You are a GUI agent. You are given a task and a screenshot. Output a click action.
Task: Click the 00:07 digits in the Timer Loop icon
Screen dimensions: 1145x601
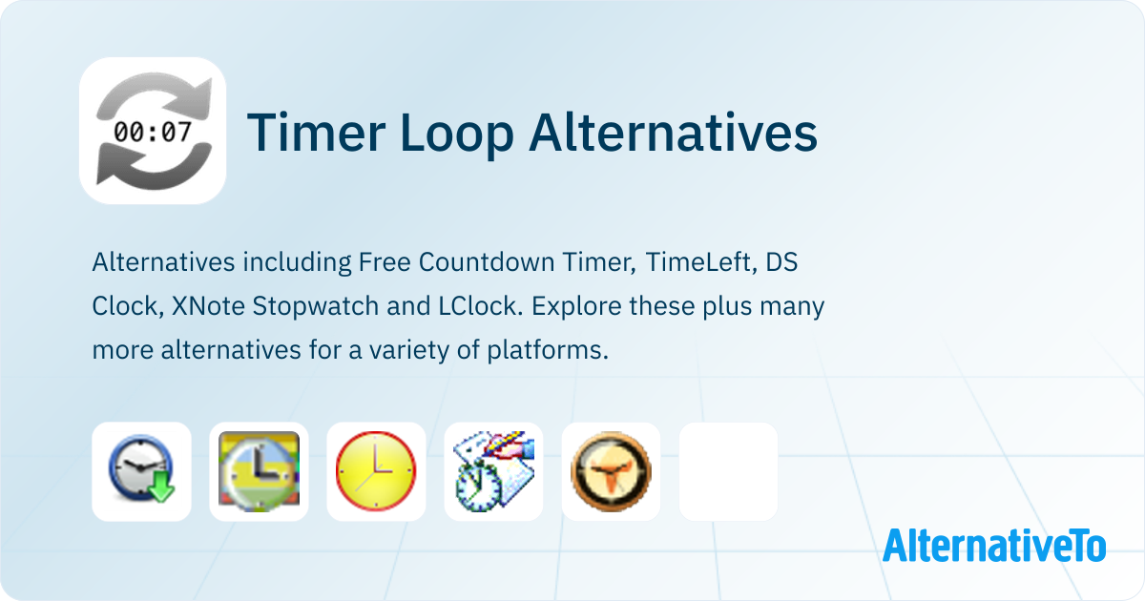click(x=153, y=132)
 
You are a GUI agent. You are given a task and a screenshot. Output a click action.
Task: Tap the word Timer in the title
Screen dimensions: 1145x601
click(x=316, y=133)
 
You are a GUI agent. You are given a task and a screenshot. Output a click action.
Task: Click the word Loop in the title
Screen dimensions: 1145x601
click(x=456, y=134)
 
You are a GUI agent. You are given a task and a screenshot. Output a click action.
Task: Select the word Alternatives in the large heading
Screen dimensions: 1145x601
click(x=673, y=132)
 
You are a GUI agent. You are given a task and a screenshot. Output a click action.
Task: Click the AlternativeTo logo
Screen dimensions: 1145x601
click(x=994, y=546)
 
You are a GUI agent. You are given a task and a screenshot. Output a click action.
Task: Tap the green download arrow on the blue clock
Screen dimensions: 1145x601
click(x=161, y=487)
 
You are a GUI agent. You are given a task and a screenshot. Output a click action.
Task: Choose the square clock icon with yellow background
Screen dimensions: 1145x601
click(x=259, y=471)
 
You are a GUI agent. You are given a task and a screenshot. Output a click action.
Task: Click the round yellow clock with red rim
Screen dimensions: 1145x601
click(x=376, y=471)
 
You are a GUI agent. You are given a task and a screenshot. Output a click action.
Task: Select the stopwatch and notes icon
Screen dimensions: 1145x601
click(x=494, y=471)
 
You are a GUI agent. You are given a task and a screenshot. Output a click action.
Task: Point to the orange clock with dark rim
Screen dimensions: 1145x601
click(x=611, y=471)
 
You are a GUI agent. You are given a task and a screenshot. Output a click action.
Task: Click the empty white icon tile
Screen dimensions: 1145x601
click(x=728, y=471)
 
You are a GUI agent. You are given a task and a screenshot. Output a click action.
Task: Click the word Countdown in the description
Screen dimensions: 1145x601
click(x=487, y=262)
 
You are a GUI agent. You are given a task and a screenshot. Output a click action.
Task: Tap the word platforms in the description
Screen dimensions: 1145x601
click(x=548, y=351)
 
